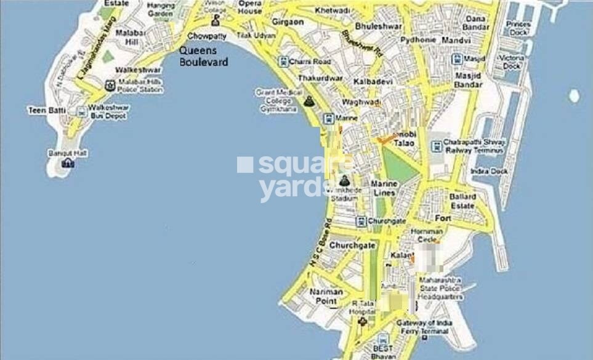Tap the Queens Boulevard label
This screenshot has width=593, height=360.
(x=204, y=57)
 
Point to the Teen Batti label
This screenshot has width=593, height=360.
(x=42, y=111)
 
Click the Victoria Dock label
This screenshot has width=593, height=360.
(x=511, y=62)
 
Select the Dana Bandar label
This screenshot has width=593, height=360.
(x=475, y=23)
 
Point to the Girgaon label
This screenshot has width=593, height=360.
(x=288, y=38)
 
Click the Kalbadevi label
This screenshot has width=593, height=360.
(x=370, y=82)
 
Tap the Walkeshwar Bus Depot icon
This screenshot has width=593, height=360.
(x=81, y=111)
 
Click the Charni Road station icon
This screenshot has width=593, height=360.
(x=283, y=62)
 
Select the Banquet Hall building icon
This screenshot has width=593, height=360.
(x=67, y=162)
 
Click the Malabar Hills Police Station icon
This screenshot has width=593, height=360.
(x=110, y=86)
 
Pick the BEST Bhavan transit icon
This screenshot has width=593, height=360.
(x=383, y=339)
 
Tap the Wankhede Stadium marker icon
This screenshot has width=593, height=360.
(x=344, y=180)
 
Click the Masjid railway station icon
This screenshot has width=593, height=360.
(x=457, y=59)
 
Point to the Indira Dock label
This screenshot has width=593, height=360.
(x=489, y=171)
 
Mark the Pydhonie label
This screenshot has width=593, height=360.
(x=418, y=40)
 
